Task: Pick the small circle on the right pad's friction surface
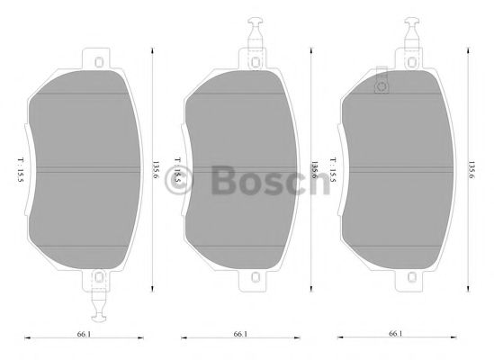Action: (x=381, y=87)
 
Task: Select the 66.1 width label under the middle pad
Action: (x=240, y=334)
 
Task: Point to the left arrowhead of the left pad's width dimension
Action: (x=26, y=338)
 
